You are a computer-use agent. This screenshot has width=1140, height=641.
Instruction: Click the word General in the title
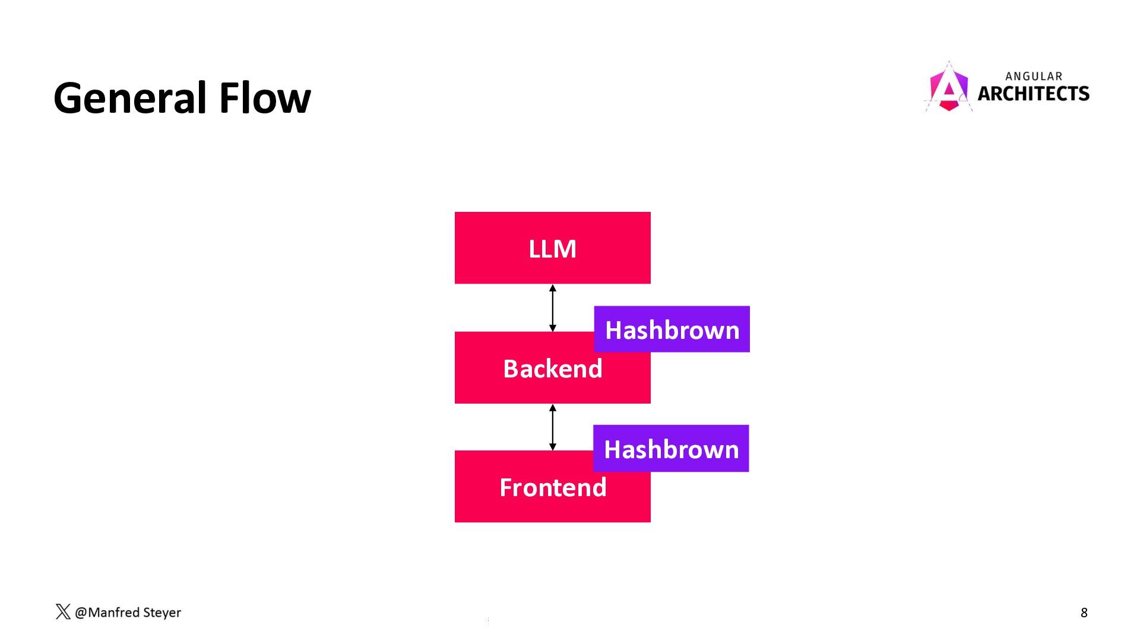click(132, 98)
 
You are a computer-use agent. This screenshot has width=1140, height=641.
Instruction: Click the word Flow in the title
click(265, 98)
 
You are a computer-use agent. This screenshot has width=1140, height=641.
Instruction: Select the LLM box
click(552, 248)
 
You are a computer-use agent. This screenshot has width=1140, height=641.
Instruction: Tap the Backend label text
click(552, 369)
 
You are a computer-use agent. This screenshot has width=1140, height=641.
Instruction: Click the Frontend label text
click(552, 488)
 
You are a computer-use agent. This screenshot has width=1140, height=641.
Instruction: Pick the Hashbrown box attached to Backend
click(672, 329)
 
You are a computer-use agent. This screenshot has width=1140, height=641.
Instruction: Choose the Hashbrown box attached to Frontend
click(671, 449)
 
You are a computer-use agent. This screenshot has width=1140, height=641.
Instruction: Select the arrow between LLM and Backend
click(552, 308)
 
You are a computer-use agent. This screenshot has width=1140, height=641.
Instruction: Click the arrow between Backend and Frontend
click(552, 427)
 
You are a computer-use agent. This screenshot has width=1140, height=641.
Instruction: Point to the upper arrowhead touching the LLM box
click(552, 288)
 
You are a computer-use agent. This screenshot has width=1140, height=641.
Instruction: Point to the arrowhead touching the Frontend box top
click(552, 446)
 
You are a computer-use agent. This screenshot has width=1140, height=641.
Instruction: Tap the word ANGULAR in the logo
click(1034, 77)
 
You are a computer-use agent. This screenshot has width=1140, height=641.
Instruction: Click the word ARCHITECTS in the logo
click(1033, 94)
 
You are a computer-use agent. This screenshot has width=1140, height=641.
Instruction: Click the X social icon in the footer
click(63, 612)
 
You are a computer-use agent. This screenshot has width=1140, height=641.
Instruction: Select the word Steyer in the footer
click(161, 613)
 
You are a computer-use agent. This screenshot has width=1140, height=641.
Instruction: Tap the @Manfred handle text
click(107, 613)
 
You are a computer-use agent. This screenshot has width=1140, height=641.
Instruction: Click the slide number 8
click(1084, 613)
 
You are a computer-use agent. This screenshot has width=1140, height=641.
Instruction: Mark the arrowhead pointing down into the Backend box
click(552, 328)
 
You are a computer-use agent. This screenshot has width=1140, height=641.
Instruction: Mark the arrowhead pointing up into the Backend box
click(552, 408)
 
